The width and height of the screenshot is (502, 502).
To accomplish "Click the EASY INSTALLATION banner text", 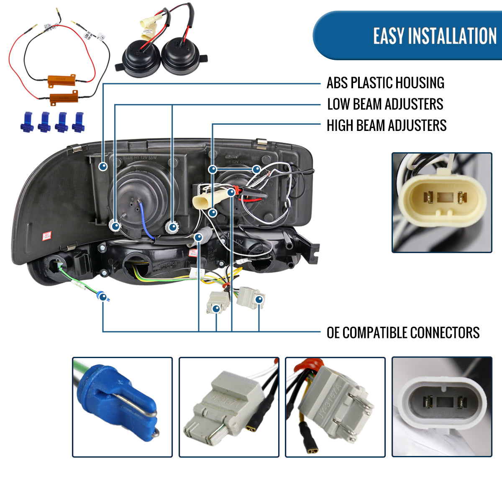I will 435,36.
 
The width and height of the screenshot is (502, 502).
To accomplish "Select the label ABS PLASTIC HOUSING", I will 385,83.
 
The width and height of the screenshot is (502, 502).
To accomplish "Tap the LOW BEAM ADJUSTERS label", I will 385,104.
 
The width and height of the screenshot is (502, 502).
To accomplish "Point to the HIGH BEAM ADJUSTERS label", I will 387,125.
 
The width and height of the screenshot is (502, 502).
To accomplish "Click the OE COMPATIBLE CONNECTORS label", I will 403,333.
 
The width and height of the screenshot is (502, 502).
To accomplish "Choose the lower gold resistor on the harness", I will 64,98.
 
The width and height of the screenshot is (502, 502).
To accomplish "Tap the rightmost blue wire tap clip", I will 79,122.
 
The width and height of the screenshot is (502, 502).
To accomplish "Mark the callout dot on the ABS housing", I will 103,166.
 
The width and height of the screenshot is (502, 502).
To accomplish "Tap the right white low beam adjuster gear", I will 172,227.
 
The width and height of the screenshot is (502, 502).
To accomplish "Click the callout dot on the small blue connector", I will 102,297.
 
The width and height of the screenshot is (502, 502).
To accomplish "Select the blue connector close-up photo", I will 122,407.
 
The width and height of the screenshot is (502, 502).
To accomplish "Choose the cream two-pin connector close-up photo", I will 442,202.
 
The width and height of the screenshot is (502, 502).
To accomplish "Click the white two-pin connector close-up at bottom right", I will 442,407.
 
